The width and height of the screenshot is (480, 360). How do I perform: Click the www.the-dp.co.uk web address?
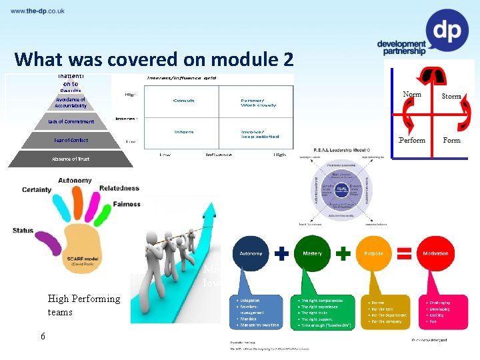[x=37, y=11]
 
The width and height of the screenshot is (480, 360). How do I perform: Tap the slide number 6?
[x=43, y=336]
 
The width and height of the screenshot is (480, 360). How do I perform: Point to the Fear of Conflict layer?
[x=71, y=140]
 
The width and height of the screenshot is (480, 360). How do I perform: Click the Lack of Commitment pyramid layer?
[x=71, y=121]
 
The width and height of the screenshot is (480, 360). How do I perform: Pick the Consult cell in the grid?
[x=183, y=101]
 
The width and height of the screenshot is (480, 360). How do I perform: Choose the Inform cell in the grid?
[x=184, y=132]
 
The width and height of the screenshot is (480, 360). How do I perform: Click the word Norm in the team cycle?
[x=412, y=95]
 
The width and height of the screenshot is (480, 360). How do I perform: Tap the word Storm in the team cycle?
[x=451, y=96]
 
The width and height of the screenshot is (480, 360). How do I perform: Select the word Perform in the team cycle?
[x=412, y=141]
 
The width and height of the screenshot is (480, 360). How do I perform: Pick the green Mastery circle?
[x=313, y=253]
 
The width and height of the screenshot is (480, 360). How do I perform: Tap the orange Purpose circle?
[x=374, y=253]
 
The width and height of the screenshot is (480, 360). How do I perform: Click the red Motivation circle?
[x=435, y=253]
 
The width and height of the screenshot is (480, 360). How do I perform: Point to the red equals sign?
[x=404, y=253]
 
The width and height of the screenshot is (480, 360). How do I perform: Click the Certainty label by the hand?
[x=37, y=189]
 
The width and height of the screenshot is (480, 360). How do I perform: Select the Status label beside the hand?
[x=23, y=231]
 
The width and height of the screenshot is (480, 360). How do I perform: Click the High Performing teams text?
[x=84, y=305]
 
